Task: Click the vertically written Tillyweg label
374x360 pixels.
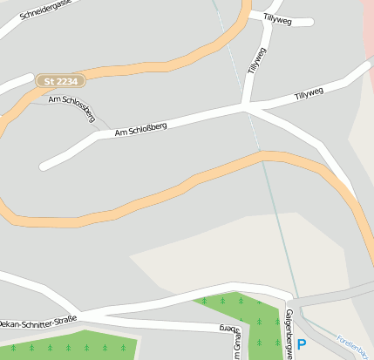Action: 255,57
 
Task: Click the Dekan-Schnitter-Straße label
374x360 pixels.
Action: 38,320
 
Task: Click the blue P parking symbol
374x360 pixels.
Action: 302,345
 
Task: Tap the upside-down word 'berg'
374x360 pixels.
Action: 228,329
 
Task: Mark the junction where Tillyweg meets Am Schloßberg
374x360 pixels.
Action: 247,107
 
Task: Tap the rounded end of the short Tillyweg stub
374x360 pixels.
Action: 307,22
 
